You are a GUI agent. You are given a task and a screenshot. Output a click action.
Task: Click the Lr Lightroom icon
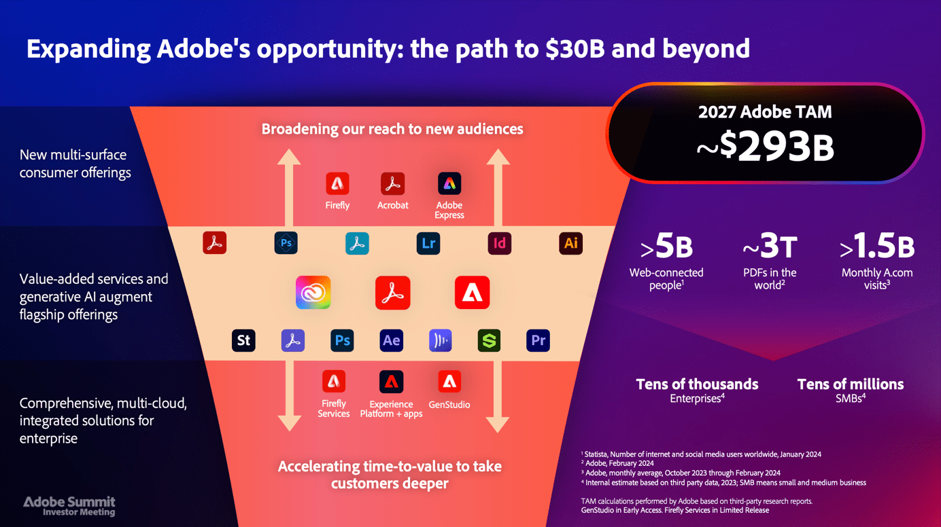[428, 243]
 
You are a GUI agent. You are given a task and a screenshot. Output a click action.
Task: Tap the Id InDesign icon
[500, 243]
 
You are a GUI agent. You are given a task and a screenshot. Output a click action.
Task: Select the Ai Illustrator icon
[570, 243]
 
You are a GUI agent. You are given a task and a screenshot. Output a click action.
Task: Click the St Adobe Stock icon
[243, 340]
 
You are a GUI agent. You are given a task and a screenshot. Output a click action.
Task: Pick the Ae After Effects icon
[391, 340]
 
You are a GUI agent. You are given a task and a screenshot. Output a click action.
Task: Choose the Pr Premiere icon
[538, 340]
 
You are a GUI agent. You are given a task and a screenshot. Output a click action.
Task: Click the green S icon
[489, 340]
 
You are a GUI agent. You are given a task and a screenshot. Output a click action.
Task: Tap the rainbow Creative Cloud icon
[313, 293]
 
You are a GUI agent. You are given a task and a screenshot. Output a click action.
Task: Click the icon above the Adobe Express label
[449, 183]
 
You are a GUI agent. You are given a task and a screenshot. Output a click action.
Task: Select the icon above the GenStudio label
[449, 382]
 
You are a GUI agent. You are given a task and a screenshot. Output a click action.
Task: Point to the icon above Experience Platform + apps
[391, 382]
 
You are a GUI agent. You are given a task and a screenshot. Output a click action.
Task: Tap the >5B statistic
[666, 246]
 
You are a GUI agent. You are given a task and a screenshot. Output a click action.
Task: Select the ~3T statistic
[770, 246]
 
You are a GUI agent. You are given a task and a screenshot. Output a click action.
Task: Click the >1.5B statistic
[877, 246]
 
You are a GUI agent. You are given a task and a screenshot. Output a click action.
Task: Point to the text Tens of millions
[851, 384]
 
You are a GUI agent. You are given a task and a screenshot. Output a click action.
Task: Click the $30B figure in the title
[575, 49]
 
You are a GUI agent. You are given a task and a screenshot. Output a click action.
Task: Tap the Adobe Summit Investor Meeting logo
[69, 506]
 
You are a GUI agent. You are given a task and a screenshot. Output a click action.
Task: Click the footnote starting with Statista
[701, 454]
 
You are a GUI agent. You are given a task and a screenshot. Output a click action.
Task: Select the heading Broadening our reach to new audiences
[392, 129]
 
